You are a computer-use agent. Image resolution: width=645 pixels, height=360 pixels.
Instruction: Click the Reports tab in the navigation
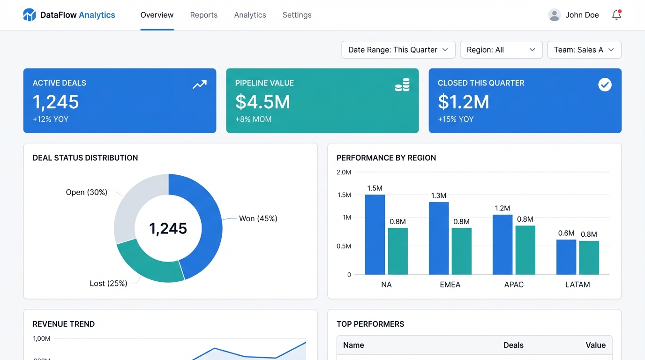(203, 15)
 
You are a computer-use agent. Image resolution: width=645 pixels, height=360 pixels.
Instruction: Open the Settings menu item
(297, 15)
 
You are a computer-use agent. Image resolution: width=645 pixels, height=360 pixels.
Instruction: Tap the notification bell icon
(616, 15)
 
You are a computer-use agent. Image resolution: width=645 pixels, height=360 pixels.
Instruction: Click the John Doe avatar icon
(554, 15)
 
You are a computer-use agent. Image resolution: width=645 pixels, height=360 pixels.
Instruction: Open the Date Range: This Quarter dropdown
(398, 50)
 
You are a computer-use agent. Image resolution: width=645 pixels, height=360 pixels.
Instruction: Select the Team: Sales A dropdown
(584, 50)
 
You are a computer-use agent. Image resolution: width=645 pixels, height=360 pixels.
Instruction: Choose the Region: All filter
(501, 50)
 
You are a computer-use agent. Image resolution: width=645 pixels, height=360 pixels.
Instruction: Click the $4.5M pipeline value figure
(262, 102)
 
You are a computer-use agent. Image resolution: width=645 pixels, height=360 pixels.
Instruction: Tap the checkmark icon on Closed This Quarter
(605, 85)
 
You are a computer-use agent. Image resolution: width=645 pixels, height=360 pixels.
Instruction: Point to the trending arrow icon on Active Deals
(199, 85)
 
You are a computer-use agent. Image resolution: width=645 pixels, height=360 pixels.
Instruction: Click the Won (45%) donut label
(258, 218)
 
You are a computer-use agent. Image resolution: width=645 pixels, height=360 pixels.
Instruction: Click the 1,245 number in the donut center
(168, 228)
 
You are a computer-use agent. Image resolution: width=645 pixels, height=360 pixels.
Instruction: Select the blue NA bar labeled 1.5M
(375, 234)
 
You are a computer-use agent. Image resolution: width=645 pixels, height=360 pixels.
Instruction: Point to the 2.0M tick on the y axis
(344, 172)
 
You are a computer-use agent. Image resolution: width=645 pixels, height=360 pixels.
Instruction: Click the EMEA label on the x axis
(450, 285)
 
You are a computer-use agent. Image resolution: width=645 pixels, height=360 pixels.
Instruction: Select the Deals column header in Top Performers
(513, 345)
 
